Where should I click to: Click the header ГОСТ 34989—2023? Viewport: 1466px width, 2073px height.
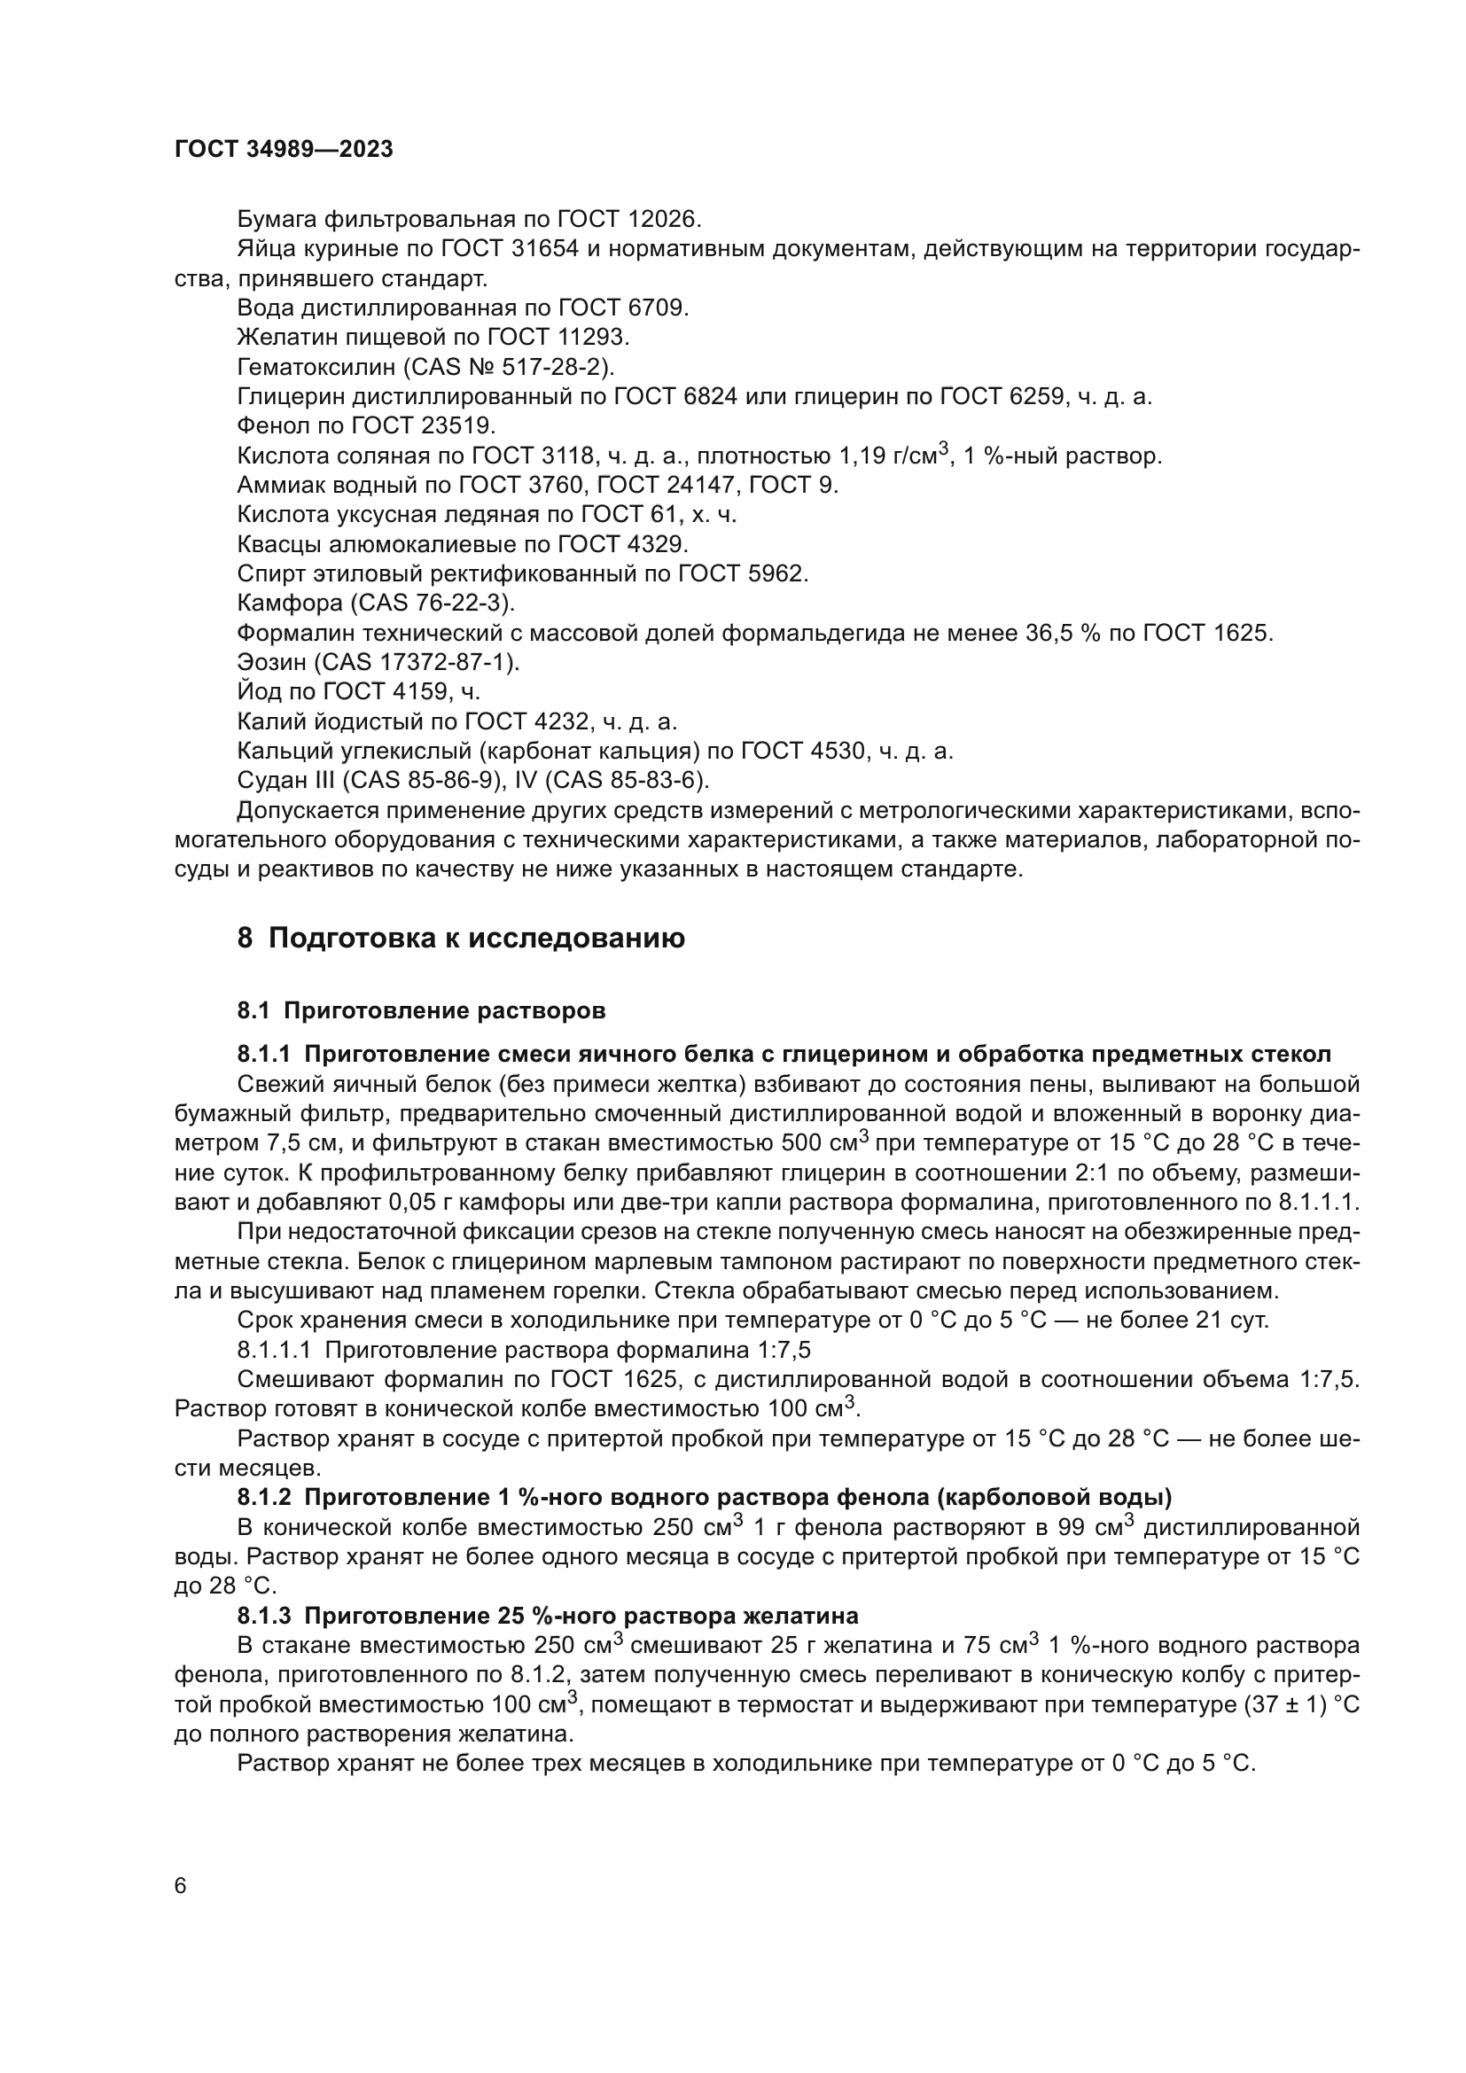(x=284, y=150)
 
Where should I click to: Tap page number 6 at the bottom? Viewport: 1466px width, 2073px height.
(x=181, y=1886)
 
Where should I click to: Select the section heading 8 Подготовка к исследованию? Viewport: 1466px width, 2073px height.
(x=460, y=938)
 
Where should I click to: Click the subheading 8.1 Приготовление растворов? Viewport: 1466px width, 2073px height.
(x=421, y=1010)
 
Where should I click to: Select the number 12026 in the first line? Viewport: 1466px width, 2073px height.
(x=664, y=220)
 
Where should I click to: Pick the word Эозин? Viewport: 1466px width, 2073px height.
(x=272, y=662)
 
